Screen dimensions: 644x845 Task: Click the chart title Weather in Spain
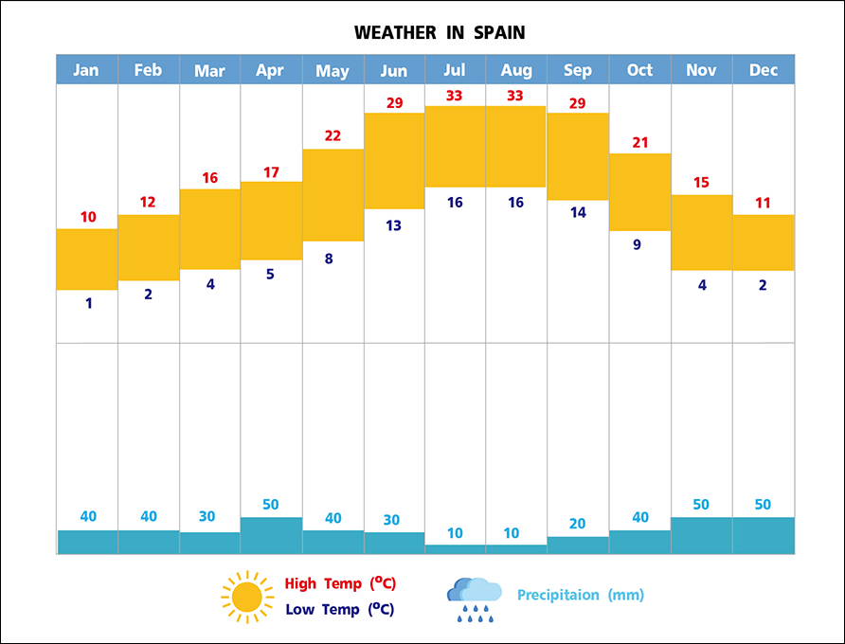[x=440, y=33]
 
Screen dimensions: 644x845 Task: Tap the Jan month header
[x=86, y=70]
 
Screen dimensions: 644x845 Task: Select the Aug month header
[x=516, y=70]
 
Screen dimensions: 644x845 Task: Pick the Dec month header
[x=763, y=70]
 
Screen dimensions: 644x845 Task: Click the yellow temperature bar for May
[x=333, y=195]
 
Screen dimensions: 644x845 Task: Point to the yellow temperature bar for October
[x=639, y=191]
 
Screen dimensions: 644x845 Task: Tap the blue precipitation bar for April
[x=271, y=535]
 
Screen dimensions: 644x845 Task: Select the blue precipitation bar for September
[x=578, y=545]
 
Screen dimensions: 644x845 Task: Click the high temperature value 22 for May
[x=333, y=135]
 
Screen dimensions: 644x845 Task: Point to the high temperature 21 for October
[x=639, y=142]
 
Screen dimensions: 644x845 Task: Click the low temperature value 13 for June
[x=393, y=225]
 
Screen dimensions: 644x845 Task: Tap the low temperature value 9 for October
[x=637, y=244]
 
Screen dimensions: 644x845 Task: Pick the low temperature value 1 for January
[x=89, y=304]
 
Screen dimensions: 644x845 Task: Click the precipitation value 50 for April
[x=271, y=505]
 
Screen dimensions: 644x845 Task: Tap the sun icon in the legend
[x=246, y=597]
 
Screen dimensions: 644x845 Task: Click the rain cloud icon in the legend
[x=474, y=599]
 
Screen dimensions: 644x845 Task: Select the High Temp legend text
[x=339, y=583]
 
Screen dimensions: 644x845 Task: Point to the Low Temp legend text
[x=339, y=609]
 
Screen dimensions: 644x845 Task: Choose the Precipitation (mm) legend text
[x=581, y=596]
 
